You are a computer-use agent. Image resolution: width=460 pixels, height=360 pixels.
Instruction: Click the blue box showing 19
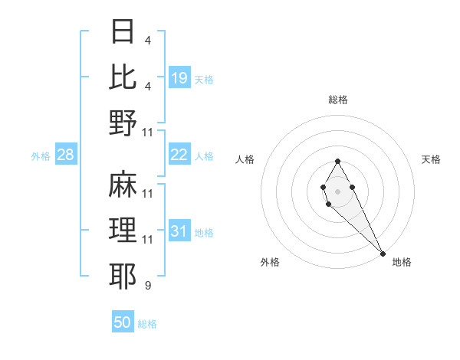point(179,78)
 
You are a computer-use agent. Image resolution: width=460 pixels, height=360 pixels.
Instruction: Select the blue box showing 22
point(179,155)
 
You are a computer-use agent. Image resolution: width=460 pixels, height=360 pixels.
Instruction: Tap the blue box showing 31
point(179,232)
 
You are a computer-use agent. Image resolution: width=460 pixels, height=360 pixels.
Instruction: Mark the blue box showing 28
point(66,155)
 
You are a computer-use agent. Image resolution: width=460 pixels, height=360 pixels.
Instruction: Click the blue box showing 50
point(123,323)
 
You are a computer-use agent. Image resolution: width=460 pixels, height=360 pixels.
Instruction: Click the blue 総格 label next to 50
point(147,324)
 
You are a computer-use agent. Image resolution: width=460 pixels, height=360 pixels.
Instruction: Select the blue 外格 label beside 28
point(41,156)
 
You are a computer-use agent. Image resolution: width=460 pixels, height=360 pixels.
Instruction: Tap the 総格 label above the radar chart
point(338,100)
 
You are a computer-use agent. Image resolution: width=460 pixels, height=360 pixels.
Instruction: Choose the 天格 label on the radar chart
point(432,159)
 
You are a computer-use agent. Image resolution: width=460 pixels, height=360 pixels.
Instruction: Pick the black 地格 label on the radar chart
point(402,262)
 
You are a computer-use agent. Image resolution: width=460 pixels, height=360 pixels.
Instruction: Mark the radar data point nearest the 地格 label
point(383,253)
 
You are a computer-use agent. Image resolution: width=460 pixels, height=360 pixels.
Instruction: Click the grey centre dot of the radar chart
point(338,191)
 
